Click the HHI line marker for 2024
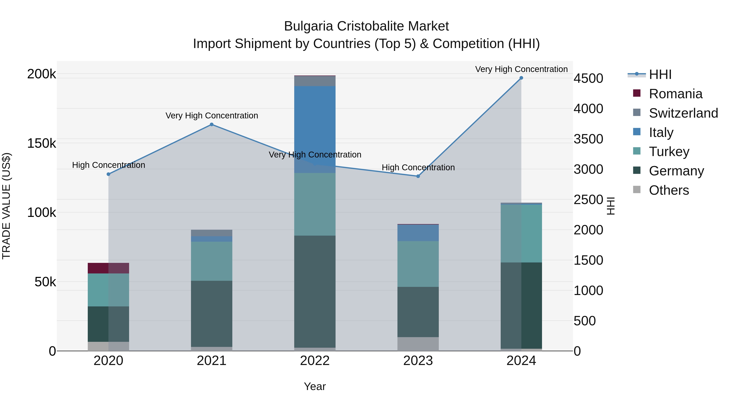point(521,78)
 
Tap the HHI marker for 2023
point(418,176)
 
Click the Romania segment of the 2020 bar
point(108,268)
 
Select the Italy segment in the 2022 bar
point(315,129)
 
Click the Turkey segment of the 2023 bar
point(418,264)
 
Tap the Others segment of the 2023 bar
point(418,344)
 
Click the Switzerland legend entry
point(683,113)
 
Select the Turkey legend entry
point(669,152)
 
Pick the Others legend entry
point(669,190)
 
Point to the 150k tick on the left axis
point(42,143)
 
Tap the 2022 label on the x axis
point(315,361)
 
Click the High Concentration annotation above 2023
point(418,167)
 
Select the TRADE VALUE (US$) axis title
point(7,206)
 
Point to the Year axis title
point(315,386)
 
